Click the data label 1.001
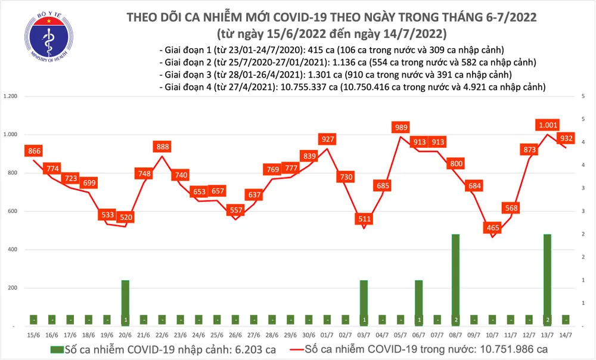[x=547, y=125]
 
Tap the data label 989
[x=401, y=127]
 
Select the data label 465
[x=492, y=228]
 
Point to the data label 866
[x=33, y=151]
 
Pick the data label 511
[x=364, y=219]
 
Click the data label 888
[x=162, y=147]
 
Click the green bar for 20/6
[x=125, y=302]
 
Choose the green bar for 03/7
[x=364, y=302]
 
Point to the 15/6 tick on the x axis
[x=33, y=334]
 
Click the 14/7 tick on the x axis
[x=566, y=334]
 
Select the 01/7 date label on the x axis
[x=327, y=334]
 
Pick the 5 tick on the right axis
[x=582, y=96]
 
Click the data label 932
[x=566, y=138]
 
